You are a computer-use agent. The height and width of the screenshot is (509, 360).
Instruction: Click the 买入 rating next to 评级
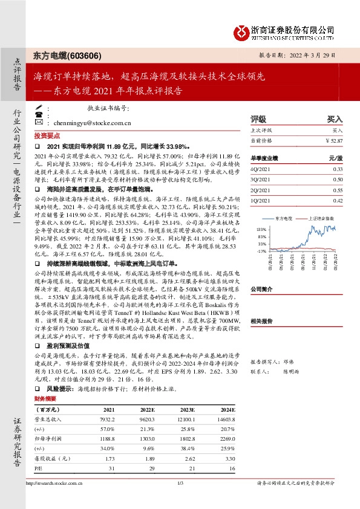pos(335,120)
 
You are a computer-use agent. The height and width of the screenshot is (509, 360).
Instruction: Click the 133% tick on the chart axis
pos(261,230)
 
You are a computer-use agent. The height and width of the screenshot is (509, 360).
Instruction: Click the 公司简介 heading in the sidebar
pos(263,289)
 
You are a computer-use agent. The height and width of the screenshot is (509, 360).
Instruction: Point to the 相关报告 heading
pos(263,322)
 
